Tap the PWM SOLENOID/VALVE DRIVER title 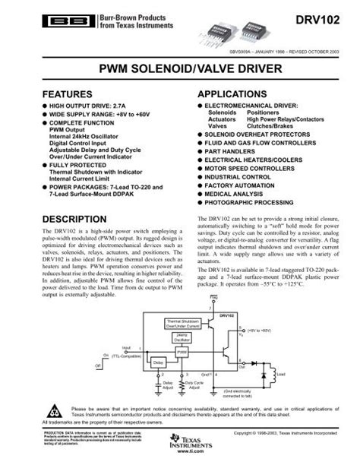point(180,70)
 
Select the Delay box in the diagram point(158,364)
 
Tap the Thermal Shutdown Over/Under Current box point(182,322)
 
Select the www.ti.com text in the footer point(180,459)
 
